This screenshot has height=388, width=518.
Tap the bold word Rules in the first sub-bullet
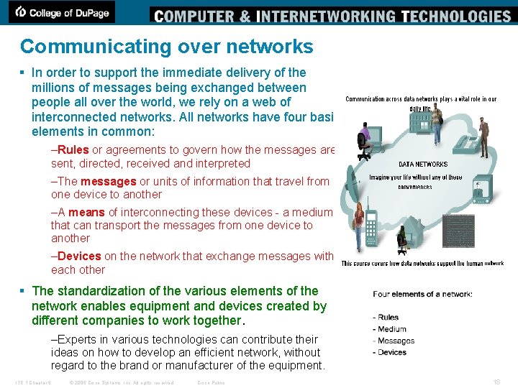click(x=73, y=150)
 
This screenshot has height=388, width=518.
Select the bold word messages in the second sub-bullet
click(x=109, y=182)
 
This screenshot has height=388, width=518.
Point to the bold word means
click(x=86, y=213)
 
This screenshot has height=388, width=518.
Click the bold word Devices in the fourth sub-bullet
click(x=79, y=257)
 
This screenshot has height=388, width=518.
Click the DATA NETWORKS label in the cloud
click(x=423, y=164)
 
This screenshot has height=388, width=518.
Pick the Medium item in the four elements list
click(x=392, y=329)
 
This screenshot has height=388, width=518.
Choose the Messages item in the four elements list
click(x=396, y=341)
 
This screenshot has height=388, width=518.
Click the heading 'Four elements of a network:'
click(x=422, y=294)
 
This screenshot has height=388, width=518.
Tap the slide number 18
click(x=497, y=382)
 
